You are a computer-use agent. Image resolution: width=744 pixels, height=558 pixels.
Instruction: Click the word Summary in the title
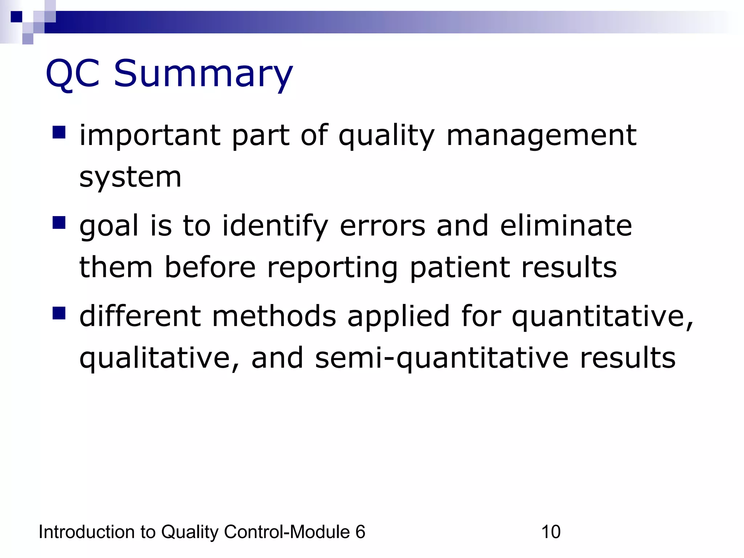click(203, 74)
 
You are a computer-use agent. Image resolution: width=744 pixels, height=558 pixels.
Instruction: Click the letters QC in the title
click(73, 74)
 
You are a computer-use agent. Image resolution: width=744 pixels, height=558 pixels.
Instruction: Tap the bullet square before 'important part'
click(59, 133)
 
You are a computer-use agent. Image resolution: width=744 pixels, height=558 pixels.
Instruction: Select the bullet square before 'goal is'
click(59, 223)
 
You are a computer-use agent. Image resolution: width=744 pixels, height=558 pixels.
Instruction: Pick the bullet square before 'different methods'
click(59, 313)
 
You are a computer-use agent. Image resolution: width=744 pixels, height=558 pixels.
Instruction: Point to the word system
click(130, 178)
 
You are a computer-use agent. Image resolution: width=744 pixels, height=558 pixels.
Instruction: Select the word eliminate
click(566, 226)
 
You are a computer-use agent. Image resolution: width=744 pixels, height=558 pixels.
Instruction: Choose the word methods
click(274, 316)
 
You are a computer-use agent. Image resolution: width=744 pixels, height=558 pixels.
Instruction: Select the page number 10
click(551, 532)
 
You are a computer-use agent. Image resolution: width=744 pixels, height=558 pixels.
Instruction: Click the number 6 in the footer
click(360, 532)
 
